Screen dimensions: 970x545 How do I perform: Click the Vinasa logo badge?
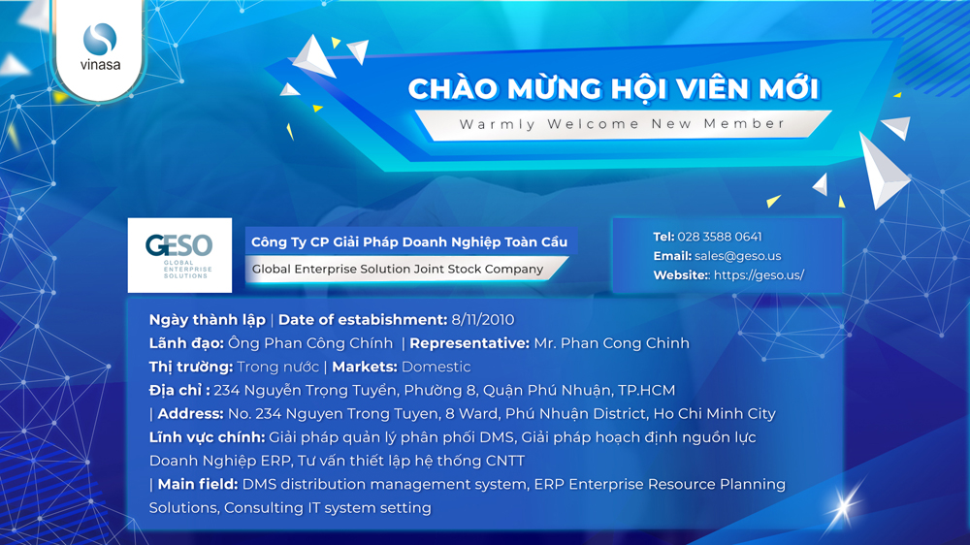tap(100, 49)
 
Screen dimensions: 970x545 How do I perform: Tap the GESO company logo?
tap(179, 255)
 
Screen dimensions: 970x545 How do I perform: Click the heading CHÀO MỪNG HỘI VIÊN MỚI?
tap(614, 88)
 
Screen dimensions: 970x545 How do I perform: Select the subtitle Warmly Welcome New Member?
tap(622, 124)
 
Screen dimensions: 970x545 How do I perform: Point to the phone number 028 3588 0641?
tap(720, 237)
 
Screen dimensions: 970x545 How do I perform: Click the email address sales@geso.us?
tap(737, 256)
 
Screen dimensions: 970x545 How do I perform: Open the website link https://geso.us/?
tap(760, 275)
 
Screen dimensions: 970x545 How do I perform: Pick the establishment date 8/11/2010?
tap(482, 320)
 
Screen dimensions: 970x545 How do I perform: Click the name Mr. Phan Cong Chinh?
tap(611, 343)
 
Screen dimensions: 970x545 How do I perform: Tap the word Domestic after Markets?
tap(436, 367)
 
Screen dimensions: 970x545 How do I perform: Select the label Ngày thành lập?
tap(208, 320)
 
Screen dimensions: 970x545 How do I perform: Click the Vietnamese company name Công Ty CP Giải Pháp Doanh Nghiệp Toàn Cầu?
tap(409, 241)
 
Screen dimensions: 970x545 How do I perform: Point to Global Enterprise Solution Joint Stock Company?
tap(398, 269)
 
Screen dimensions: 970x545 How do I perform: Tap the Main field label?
tap(198, 484)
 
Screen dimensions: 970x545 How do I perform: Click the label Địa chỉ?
tap(179, 391)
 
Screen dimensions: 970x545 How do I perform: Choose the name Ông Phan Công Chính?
tap(310, 343)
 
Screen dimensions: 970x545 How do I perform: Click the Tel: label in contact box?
tap(663, 237)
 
